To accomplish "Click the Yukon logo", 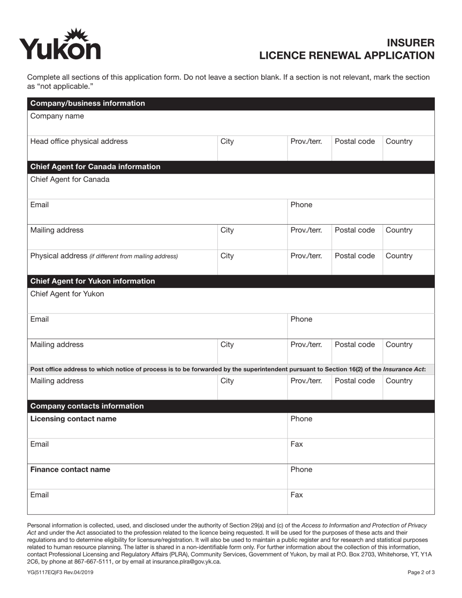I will point(60,45).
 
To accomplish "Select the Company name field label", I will point(57,116).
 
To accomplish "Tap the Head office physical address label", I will point(79,141).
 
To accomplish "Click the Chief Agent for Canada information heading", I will point(95,167).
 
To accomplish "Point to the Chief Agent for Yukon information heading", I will point(92,281).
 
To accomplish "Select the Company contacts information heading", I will point(87,406).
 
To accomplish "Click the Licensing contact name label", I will point(73,419).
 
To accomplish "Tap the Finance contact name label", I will point(70,470).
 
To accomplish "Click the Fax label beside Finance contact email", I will point(297,495).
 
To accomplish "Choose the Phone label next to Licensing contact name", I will point(302,419).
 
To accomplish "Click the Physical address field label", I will point(58,256).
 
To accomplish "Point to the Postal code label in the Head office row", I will point(355,141).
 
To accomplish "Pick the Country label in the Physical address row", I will point(399,256).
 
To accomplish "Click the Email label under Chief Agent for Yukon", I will point(39,319).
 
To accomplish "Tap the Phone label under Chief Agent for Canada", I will point(302,205).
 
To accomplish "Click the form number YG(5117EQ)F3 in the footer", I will point(60,572).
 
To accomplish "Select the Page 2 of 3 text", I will point(421,572).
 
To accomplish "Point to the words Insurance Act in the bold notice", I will point(403,369).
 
